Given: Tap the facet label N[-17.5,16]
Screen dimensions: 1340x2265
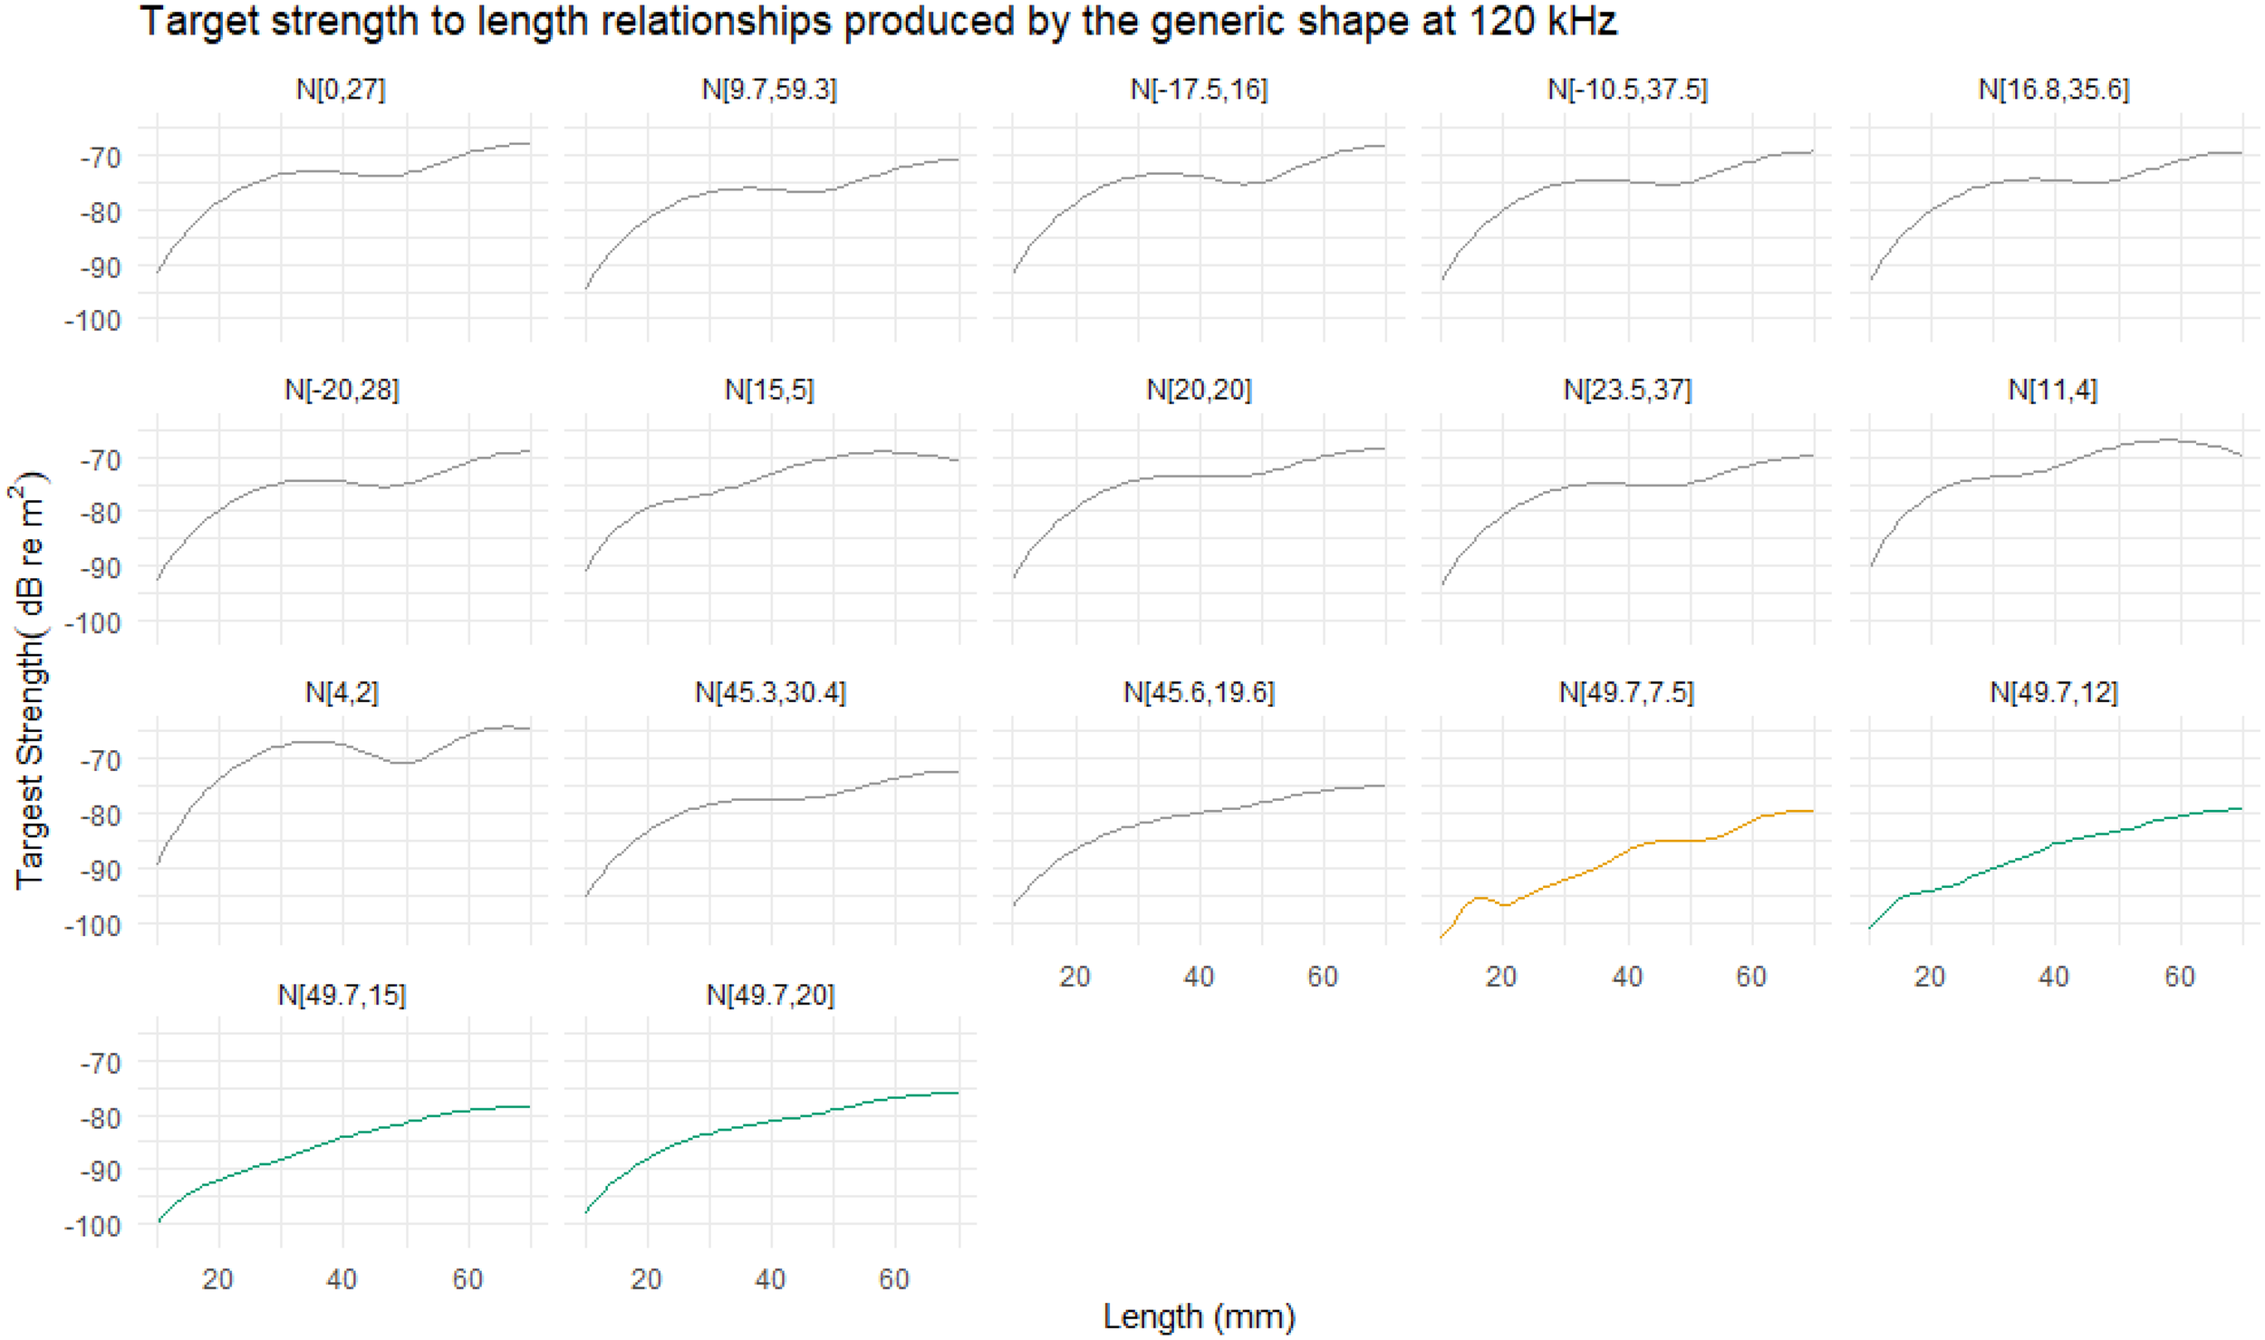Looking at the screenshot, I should pyautogui.click(x=1198, y=90).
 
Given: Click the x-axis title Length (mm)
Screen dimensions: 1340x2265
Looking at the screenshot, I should pyautogui.click(x=1198, y=1315).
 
